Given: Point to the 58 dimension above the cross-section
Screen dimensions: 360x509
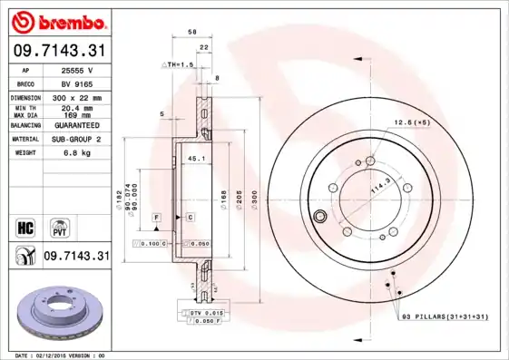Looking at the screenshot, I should coord(192,32).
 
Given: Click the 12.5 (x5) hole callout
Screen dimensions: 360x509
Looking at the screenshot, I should coord(410,121).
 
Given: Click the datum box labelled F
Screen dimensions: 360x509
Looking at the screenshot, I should coord(156,219).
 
